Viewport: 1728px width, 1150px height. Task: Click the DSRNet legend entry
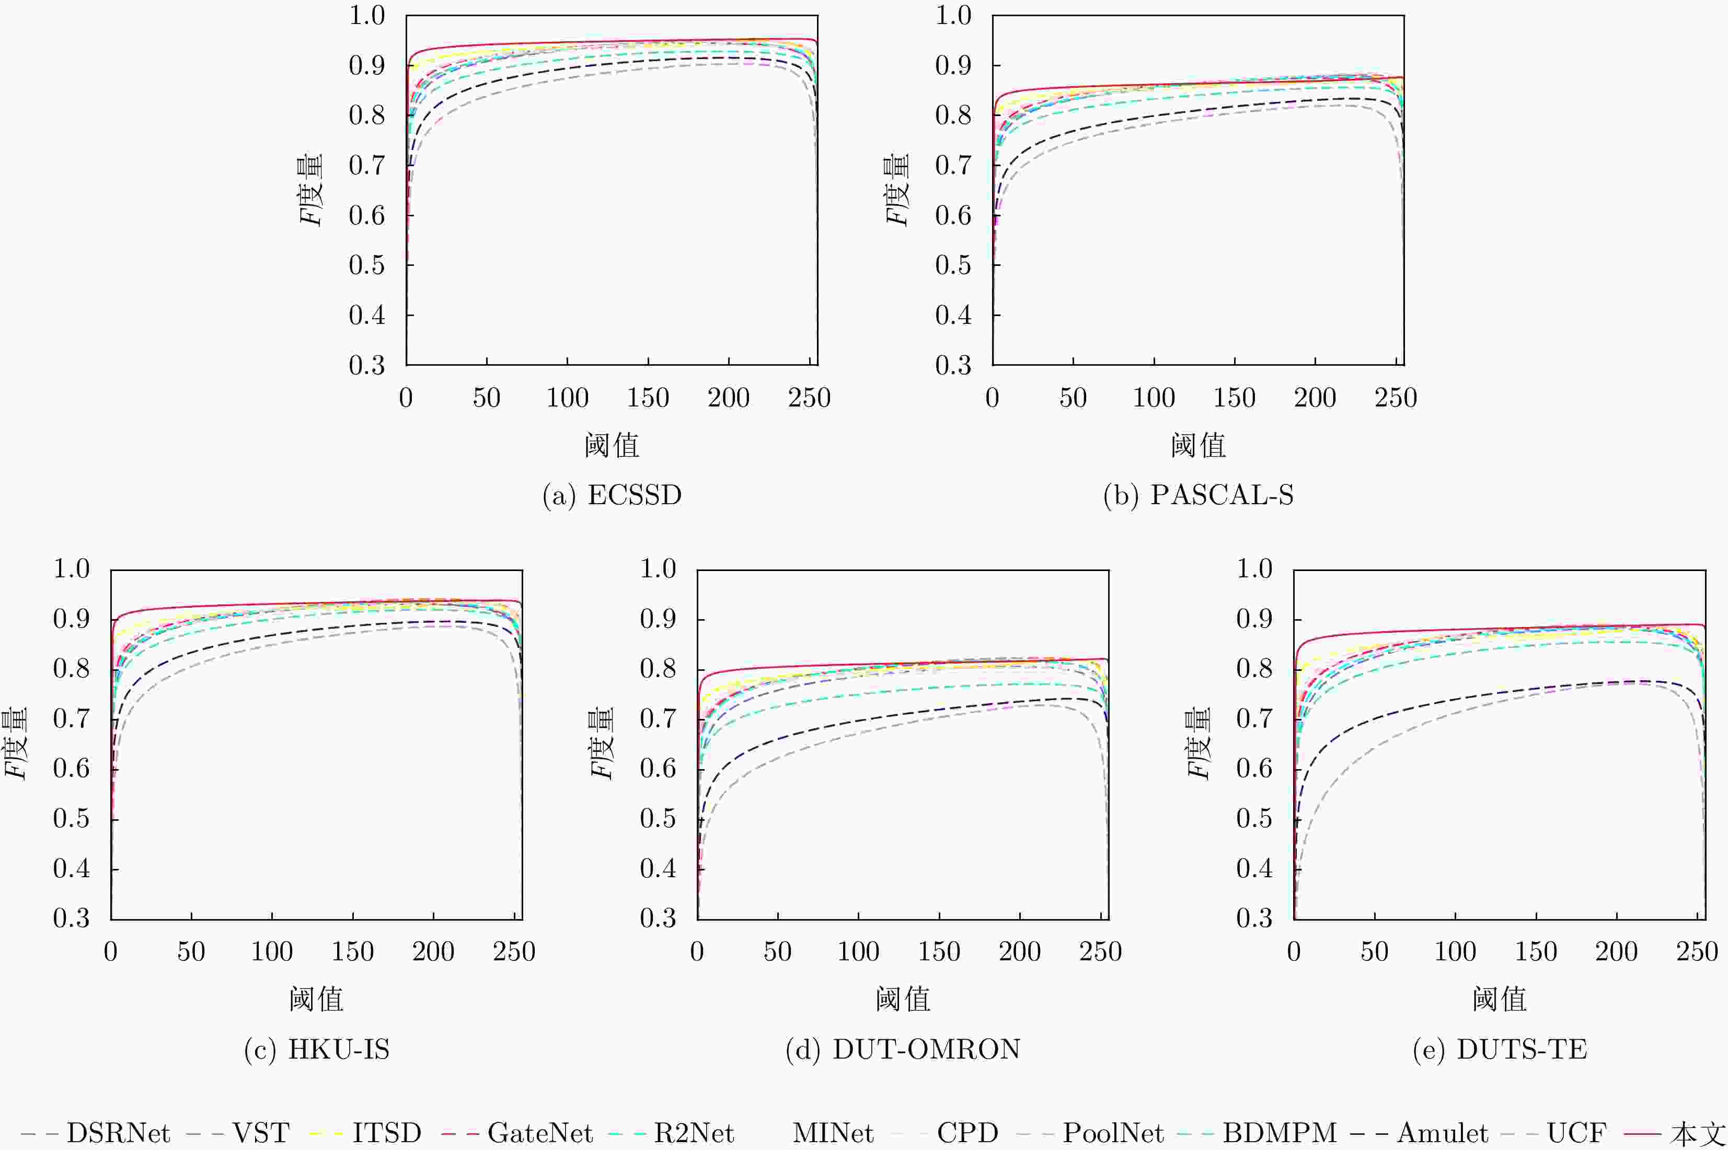coord(95,1133)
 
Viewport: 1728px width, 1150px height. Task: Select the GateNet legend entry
coord(517,1133)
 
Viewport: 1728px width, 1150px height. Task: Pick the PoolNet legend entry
coord(1090,1133)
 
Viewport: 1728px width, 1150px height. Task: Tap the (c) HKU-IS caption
coord(316,1050)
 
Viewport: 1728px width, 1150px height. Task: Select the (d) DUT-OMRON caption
coord(903,1050)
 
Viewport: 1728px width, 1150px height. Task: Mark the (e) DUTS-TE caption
coord(1500,1050)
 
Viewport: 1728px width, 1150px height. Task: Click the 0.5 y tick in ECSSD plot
coord(367,265)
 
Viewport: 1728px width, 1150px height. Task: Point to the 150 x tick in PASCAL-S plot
coord(1234,398)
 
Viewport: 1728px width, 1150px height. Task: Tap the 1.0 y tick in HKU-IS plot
coord(71,568)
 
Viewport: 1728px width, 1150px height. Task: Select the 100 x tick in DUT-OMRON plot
coord(858,952)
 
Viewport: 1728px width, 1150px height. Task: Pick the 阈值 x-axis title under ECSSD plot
coord(612,445)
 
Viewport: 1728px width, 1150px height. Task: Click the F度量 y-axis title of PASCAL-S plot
coord(896,190)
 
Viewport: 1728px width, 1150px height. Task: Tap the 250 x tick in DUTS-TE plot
coord(1697,952)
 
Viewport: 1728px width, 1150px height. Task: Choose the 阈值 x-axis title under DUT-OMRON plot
coord(903,999)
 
